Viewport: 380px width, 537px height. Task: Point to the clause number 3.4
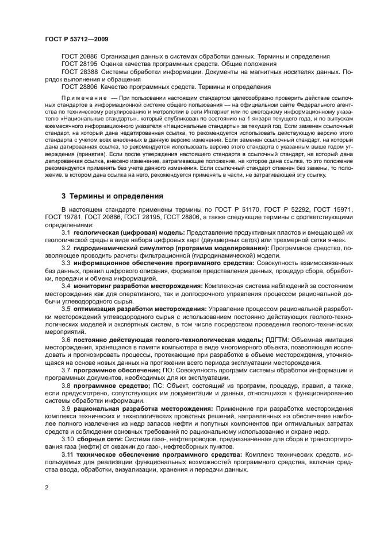click(67, 285)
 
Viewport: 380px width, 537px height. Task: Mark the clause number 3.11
click(68, 454)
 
